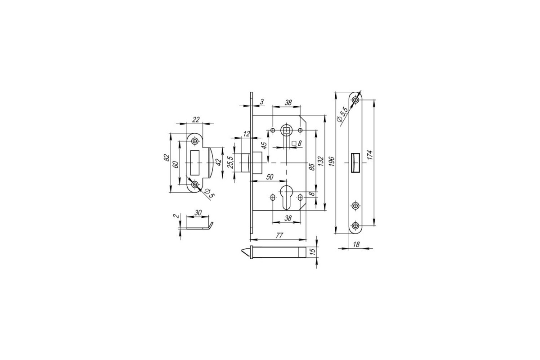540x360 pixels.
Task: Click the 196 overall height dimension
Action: [332, 161]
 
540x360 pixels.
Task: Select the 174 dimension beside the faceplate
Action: [370, 155]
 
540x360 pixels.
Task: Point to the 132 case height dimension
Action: [320, 161]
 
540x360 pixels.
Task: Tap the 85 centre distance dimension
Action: [312, 167]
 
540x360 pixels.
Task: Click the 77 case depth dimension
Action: [279, 235]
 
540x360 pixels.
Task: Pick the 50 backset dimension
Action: [270, 177]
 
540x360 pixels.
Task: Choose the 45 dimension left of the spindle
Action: [264, 145]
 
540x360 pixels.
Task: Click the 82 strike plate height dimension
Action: [166, 157]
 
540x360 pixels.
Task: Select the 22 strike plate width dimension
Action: [196, 120]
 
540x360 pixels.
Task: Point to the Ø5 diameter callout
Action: [209, 193]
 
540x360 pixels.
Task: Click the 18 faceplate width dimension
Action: [356, 244]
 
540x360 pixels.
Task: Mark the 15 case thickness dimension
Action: [312, 252]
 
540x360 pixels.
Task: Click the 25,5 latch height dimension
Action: [230, 162]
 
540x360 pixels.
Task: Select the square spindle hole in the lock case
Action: [286, 130]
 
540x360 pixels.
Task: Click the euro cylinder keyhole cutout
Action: [286, 198]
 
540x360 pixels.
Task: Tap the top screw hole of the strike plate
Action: [195, 141]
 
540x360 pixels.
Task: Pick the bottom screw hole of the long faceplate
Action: [355, 226]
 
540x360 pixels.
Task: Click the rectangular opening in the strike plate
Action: [195, 163]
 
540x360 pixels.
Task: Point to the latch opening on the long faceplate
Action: [355, 163]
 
